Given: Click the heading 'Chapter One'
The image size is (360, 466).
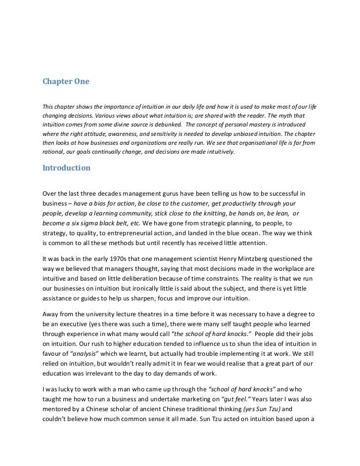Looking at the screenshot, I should point(65,82).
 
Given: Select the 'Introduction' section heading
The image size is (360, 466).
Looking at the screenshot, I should point(66,168).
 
